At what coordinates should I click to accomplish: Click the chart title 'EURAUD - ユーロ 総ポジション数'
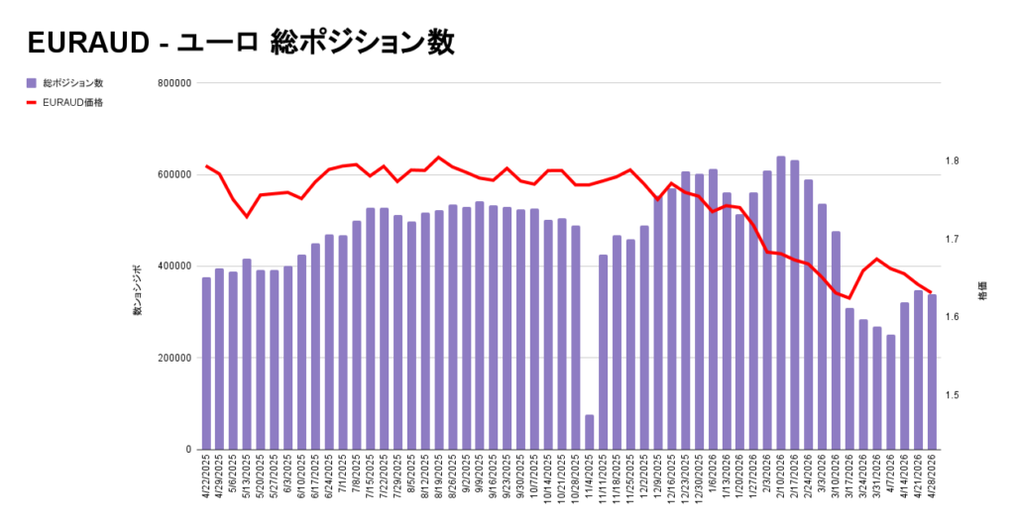(241, 43)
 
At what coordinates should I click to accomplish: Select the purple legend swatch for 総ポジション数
(31, 83)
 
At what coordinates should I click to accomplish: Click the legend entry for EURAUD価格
(64, 102)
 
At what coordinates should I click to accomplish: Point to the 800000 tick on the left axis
(174, 83)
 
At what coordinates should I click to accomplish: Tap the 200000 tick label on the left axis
(174, 358)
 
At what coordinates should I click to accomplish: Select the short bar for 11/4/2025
(589, 432)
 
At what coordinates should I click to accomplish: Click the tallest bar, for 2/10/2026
(781, 303)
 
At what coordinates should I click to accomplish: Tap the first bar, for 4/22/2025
(206, 364)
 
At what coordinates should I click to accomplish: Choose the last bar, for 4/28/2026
(932, 372)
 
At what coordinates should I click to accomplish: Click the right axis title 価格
(982, 291)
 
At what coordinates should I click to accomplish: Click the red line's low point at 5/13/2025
(247, 216)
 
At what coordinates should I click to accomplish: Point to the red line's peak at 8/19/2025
(439, 158)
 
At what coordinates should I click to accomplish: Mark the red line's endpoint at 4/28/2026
(931, 292)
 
